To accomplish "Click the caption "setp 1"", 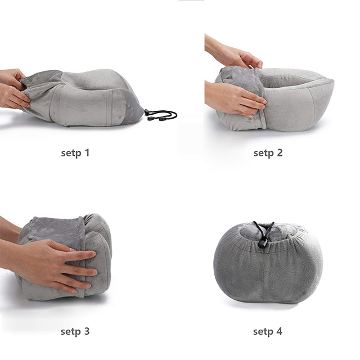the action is click(75, 153).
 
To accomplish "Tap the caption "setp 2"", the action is click(268, 153).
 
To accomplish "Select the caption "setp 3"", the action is click(75, 331).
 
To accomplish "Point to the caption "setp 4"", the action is click(268, 331).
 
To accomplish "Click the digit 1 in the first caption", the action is click(87, 152).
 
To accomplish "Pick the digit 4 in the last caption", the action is click(279, 331).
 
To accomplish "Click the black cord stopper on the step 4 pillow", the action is click(262, 244).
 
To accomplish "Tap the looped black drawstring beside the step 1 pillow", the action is click(161, 115).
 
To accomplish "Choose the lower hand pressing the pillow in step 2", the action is click(234, 99).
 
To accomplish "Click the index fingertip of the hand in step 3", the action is click(92, 254).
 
